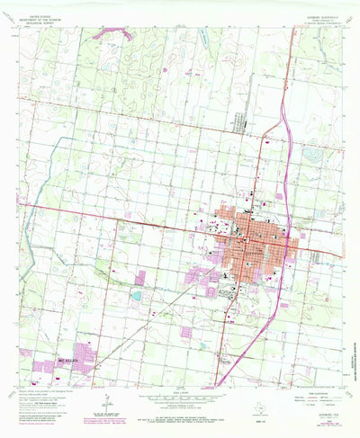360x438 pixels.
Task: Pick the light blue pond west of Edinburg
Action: (x=136, y=294)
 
